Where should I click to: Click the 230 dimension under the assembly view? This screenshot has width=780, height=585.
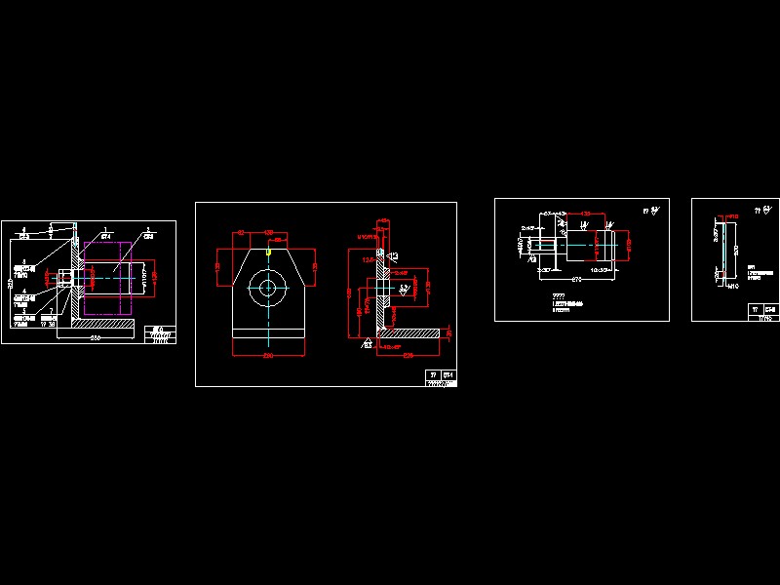pos(95,337)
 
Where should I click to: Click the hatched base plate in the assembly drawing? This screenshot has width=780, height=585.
pos(95,323)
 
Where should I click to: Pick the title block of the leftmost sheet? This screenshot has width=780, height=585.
pos(160,334)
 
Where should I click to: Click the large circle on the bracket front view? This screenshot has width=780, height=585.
pos(267,286)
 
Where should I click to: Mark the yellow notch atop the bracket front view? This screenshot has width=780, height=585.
pos(268,252)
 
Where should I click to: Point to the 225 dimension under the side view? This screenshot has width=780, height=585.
pos(410,355)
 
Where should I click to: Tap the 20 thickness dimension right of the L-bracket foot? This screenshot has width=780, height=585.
pos(448,333)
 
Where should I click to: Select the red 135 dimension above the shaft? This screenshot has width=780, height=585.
pos(586,213)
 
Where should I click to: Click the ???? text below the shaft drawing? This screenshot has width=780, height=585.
pos(558,295)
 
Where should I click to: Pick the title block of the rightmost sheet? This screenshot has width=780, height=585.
pos(762,312)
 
